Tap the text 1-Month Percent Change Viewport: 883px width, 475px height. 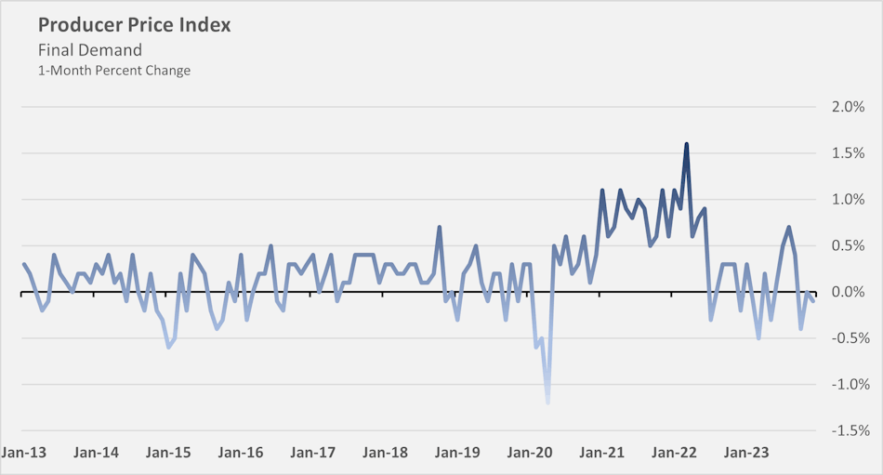pyautogui.click(x=113, y=71)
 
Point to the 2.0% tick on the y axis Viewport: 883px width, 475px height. pyautogui.click(x=848, y=107)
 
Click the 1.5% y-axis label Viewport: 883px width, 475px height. pyautogui.click(x=848, y=153)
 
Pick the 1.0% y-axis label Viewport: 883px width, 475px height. pyautogui.click(x=848, y=200)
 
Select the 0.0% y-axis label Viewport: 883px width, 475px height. pyautogui.click(x=848, y=292)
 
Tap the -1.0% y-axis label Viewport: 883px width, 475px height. pyautogui.click(x=846, y=385)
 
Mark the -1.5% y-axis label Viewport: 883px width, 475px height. pyautogui.click(x=846, y=431)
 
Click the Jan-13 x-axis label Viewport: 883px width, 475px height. pyautogui.click(x=24, y=453)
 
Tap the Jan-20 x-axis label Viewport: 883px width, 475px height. pyautogui.click(x=530, y=453)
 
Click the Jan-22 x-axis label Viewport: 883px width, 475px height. pyautogui.click(x=674, y=453)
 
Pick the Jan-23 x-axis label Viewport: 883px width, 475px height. pyautogui.click(x=746, y=453)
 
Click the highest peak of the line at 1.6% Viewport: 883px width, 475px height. pyautogui.click(x=686, y=144)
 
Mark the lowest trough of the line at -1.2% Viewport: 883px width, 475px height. pyautogui.click(x=547, y=402)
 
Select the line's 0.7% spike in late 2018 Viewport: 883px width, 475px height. pyautogui.click(x=439, y=227)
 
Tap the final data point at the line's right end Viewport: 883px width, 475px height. pyautogui.click(x=812, y=300)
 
